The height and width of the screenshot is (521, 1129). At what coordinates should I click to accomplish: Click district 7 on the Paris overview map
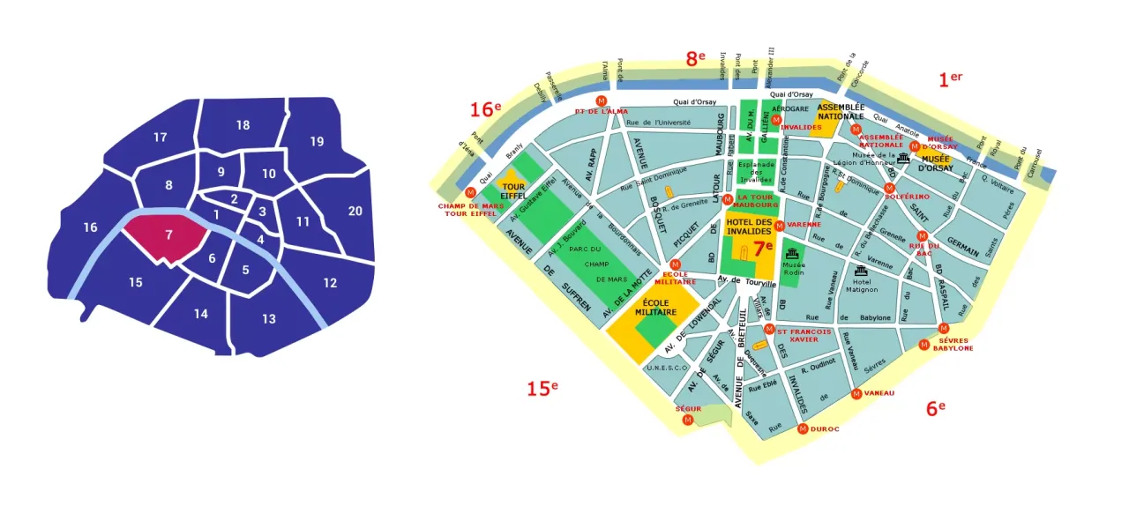[168, 235]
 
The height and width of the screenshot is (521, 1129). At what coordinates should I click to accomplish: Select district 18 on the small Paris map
[243, 125]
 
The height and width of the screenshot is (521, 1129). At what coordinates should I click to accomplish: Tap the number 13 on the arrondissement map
[268, 318]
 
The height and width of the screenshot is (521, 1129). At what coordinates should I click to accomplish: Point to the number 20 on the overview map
[355, 211]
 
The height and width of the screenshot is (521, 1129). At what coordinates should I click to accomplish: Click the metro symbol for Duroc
[803, 429]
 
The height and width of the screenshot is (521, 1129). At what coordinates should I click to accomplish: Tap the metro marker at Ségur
[688, 421]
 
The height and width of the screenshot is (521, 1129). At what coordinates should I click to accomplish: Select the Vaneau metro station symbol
[856, 393]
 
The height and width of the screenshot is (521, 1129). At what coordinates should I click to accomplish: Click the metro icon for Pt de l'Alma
[602, 100]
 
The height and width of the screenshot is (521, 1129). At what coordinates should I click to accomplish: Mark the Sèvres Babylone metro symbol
[944, 329]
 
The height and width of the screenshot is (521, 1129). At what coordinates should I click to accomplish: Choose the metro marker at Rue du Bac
[922, 235]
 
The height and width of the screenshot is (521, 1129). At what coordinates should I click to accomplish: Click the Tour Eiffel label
[512, 191]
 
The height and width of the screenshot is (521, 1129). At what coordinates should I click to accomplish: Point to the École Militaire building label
[654, 308]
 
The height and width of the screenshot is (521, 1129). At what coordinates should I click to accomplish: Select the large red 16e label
[485, 109]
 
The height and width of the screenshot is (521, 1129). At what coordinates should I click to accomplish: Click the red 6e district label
[935, 407]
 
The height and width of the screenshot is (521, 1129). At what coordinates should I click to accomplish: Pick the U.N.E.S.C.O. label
[667, 368]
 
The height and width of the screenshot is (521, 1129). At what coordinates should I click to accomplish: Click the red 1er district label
[949, 79]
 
